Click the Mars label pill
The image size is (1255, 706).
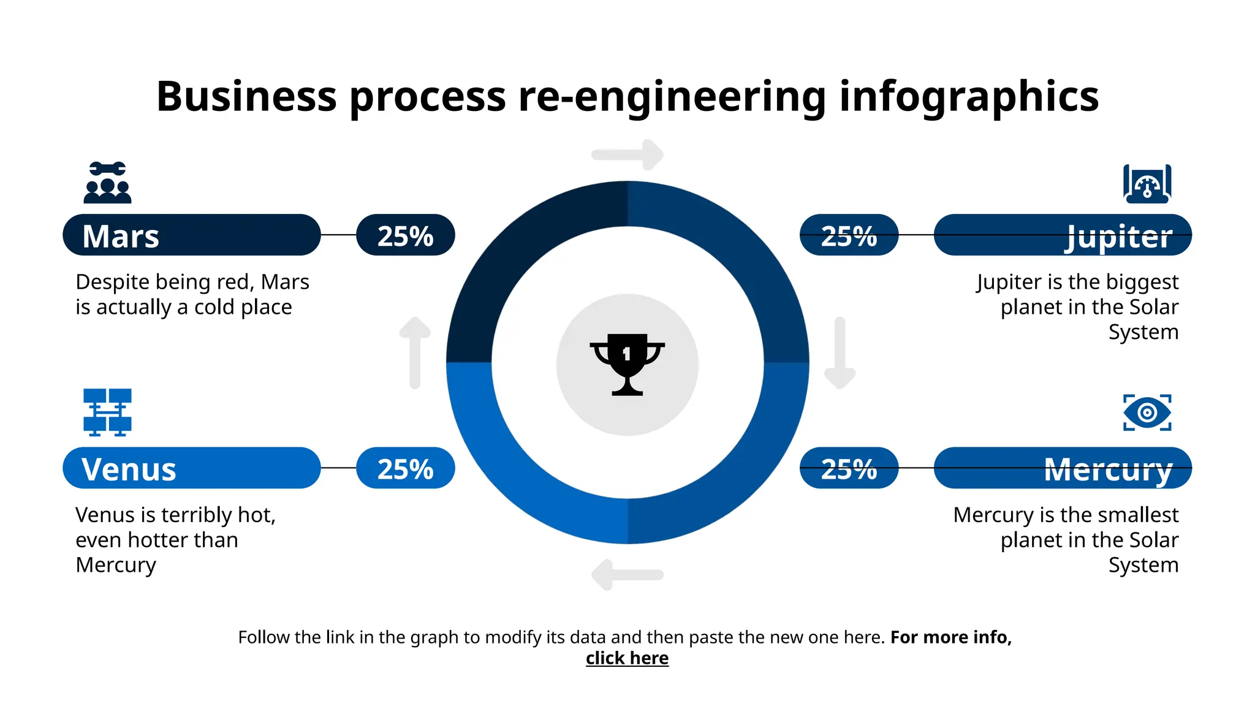191,235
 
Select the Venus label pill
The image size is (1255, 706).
191,468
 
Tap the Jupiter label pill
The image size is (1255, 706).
1063,235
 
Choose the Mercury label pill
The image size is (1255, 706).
1063,468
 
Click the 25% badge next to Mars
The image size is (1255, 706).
405,235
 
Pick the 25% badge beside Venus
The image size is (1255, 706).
405,468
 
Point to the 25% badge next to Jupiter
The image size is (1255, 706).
849,235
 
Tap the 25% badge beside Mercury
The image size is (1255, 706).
849,468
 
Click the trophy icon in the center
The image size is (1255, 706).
627,364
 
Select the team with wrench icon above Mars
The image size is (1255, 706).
107,183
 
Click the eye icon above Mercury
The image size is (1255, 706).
1147,412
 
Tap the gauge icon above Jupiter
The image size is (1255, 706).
1147,183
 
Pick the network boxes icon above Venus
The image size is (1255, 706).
107,412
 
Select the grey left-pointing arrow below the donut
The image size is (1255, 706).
626,575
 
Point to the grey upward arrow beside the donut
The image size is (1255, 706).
415,352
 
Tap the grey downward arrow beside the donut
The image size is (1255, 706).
840,353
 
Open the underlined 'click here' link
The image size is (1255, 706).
627,658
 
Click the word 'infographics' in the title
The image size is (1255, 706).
968,97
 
